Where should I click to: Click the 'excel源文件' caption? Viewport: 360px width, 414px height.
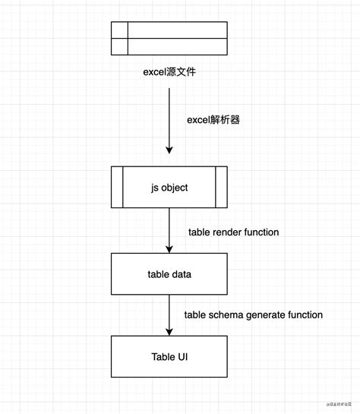(169, 73)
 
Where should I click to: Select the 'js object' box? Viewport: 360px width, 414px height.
(169, 186)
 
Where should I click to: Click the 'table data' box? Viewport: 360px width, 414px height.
(169, 273)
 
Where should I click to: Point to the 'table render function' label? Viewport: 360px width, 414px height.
(234, 232)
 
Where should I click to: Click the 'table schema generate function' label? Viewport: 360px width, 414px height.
(254, 314)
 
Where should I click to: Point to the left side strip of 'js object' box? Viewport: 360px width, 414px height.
(118, 186)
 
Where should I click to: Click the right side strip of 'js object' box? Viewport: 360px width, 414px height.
(221, 186)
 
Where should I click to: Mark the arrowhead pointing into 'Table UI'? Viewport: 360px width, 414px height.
(169, 330)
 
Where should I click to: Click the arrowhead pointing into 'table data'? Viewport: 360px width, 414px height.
(169, 248)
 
